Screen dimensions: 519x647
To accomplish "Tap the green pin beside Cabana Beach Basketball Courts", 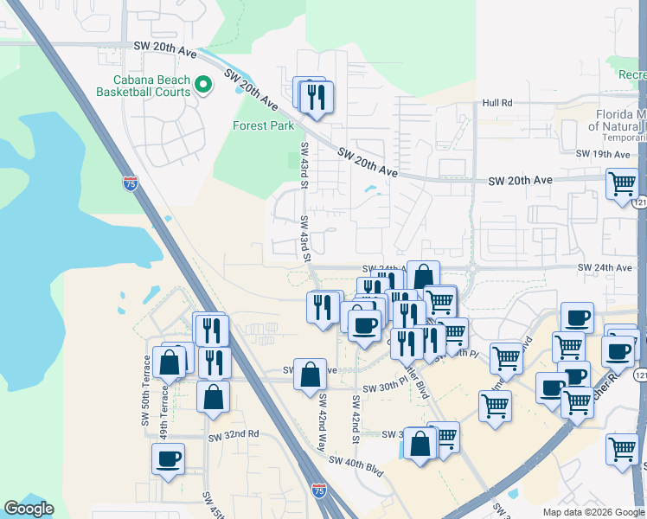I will [204, 84].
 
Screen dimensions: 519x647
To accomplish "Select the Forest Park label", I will [264, 125].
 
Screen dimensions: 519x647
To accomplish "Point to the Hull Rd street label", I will [497, 103].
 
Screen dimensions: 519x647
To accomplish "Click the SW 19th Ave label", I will [603, 154].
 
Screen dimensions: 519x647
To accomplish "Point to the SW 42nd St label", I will [356, 420].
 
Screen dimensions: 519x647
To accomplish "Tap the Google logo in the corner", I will [29, 509].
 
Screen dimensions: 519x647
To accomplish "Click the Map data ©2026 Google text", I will [593, 512].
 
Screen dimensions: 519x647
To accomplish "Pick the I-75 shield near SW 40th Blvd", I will [319, 490].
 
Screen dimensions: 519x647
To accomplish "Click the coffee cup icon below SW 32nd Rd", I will [168, 458].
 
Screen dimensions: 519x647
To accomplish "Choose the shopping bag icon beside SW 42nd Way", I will [309, 375].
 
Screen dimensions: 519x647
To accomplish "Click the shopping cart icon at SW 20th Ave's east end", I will [622, 184].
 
